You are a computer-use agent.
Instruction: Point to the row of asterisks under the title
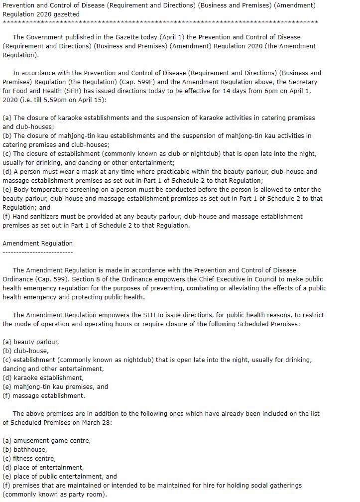tap(160, 22)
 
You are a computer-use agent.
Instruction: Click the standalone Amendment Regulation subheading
tap(37, 243)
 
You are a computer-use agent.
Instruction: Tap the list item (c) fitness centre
tap(29, 458)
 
